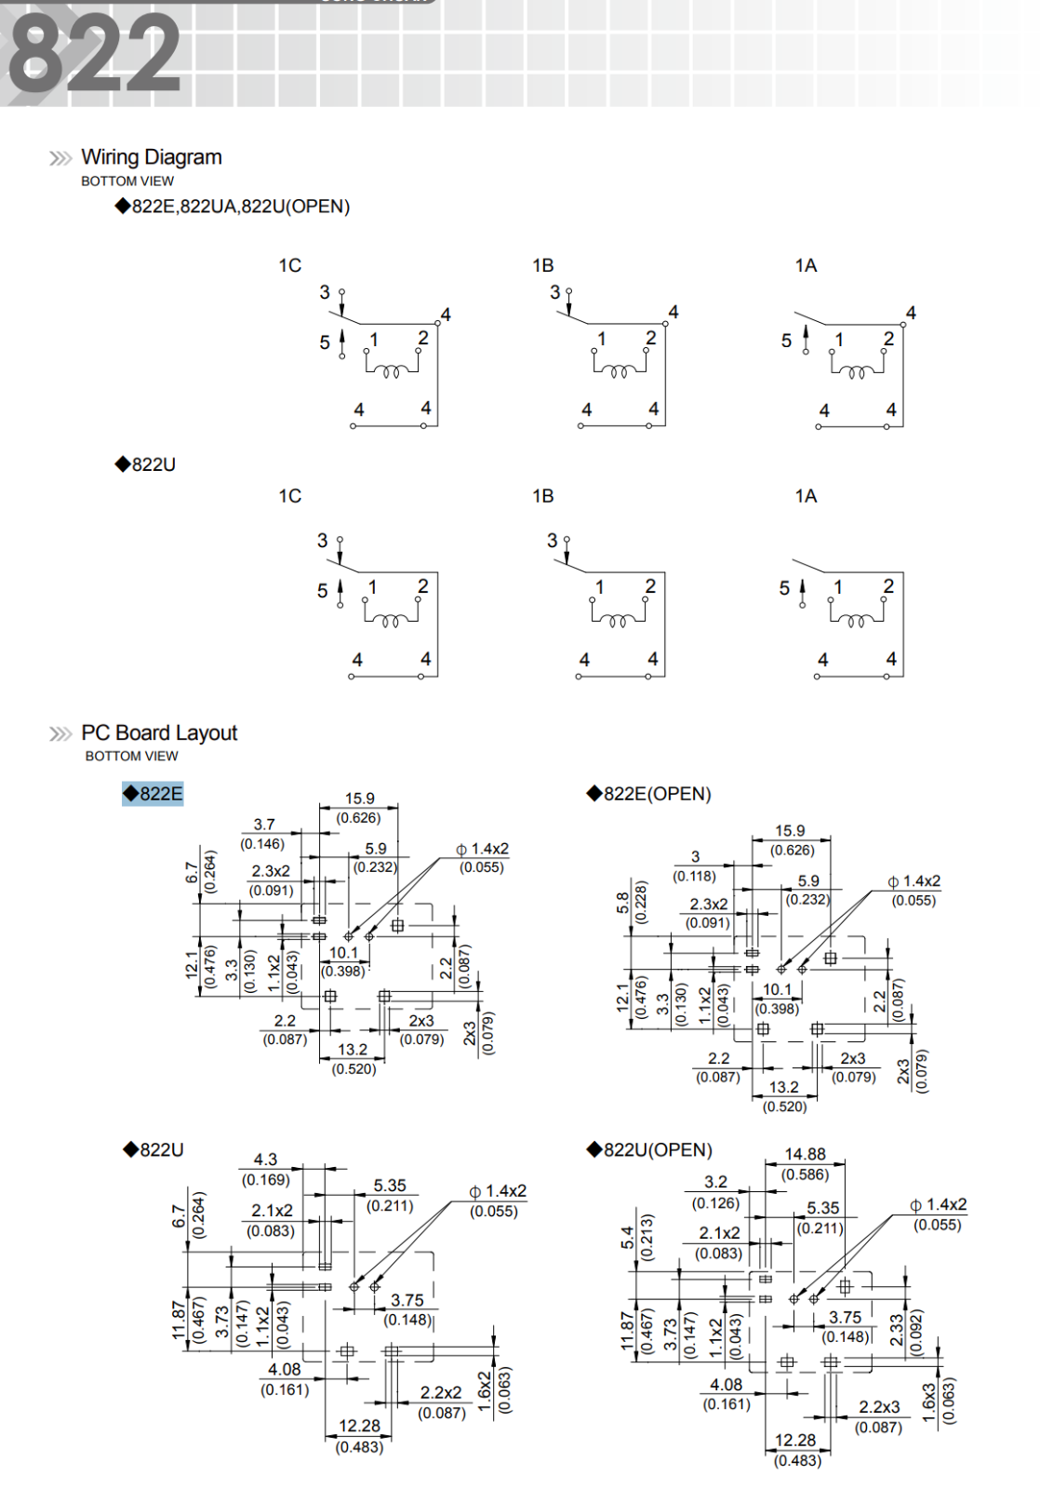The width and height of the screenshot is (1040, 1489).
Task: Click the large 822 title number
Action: pos(94,53)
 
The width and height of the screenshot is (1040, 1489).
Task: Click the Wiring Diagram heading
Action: pos(152,157)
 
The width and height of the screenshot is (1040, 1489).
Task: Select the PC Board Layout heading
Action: pos(159,733)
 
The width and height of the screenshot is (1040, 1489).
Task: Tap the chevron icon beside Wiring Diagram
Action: pos(60,158)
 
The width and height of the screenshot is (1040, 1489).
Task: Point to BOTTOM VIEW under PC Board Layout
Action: pos(131,757)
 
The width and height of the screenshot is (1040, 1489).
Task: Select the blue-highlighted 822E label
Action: pos(153,794)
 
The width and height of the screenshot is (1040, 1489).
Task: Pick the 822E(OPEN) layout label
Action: pos(656,794)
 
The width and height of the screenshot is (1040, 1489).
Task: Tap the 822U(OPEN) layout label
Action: pos(657,1150)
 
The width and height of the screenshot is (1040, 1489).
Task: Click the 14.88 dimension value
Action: pos(806,1155)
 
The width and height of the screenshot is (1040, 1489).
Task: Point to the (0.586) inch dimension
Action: pos(806,1174)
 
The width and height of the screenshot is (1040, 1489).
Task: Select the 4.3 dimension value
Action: pos(265,1160)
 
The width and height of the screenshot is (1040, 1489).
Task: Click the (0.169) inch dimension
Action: pos(266,1180)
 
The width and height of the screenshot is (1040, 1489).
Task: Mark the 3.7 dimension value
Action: pos(264,825)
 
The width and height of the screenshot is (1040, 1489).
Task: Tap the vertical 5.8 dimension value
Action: pos(622,902)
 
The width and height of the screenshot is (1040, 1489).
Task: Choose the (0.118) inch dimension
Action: pos(694,876)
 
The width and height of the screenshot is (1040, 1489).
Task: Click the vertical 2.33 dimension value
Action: pos(897,1329)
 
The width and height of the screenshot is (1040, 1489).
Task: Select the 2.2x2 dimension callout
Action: pos(440,1392)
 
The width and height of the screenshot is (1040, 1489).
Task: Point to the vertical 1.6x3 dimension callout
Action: pos(929,1402)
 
